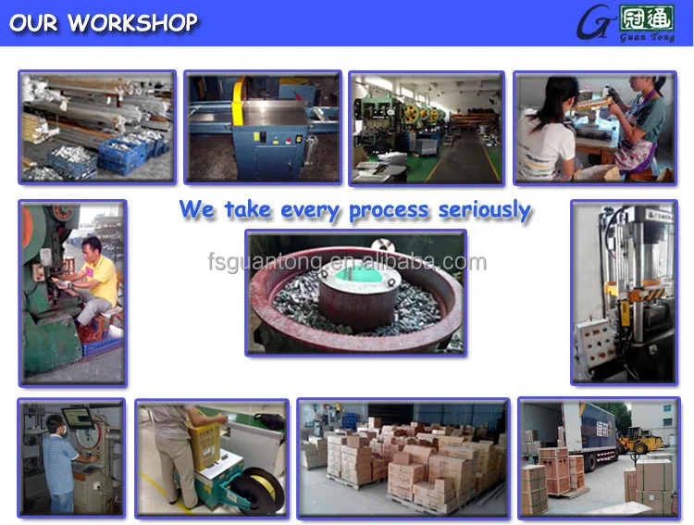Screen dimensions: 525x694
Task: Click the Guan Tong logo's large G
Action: click(593, 23)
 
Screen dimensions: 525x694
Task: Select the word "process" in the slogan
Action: click(388, 210)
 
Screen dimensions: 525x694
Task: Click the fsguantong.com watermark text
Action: click(347, 262)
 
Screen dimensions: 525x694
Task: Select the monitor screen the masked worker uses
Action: click(78, 419)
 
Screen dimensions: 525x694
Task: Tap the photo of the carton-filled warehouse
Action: click(403, 456)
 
